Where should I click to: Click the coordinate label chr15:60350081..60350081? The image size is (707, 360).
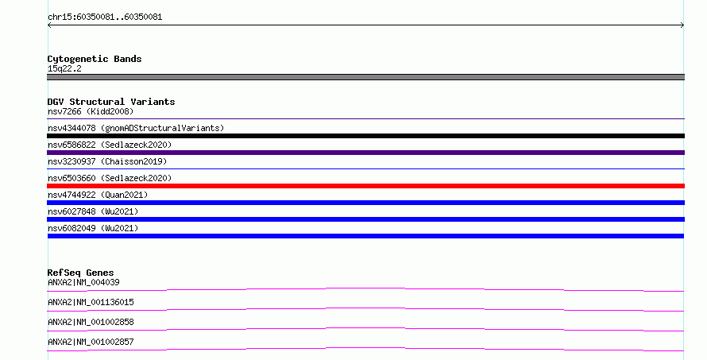(x=105, y=17)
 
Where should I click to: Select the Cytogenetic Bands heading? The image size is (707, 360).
(x=95, y=59)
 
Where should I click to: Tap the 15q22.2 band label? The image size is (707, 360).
(x=64, y=68)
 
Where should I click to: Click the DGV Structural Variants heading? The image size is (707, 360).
(x=111, y=102)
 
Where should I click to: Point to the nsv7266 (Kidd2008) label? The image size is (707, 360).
(x=91, y=111)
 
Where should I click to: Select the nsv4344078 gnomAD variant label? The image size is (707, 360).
(x=136, y=128)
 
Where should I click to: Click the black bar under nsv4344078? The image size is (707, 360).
(x=365, y=136)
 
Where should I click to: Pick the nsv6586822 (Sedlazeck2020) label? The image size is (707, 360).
(x=110, y=145)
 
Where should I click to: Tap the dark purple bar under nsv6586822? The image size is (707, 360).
(x=365, y=153)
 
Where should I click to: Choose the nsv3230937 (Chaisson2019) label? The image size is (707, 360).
(x=107, y=161)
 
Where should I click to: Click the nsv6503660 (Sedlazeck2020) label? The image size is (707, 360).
(x=110, y=178)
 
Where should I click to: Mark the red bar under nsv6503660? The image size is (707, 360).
(x=365, y=186)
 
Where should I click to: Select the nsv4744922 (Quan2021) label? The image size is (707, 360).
(x=98, y=195)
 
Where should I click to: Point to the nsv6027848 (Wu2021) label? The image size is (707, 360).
(x=93, y=211)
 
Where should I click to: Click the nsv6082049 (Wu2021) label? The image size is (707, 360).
(x=93, y=228)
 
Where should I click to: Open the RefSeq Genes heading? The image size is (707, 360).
(x=80, y=273)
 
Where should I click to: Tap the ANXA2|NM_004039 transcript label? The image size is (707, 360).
(x=83, y=282)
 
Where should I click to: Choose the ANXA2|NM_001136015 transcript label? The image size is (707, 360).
(x=91, y=302)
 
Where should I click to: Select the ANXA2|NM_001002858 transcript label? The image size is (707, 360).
(x=91, y=322)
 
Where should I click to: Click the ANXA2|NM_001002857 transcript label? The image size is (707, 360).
(x=91, y=342)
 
